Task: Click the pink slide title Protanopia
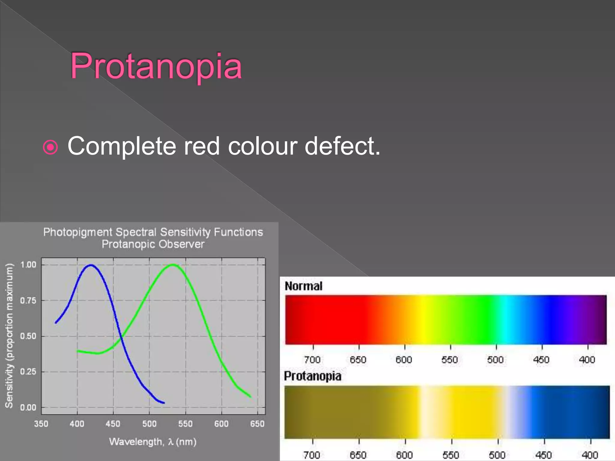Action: coord(156,66)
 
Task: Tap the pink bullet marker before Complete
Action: coord(50,147)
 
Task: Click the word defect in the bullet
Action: coord(342,146)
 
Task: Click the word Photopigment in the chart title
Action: coord(77,232)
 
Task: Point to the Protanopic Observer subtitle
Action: coord(153,244)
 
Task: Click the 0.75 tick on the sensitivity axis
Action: coord(28,300)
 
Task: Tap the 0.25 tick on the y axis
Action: coord(28,372)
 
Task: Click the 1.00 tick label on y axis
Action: coord(28,265)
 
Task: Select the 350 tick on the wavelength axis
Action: coord(41,424)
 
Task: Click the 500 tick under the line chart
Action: coord(149,424)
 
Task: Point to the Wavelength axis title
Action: coord(153,442)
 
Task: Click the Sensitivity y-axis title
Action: coord(9,335)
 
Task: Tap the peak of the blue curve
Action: coord(91,265)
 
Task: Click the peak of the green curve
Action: coord(173,265)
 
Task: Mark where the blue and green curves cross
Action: coord(121,338)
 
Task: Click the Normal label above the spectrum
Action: coord(303,286)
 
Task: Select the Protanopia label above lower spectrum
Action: coord(313,376)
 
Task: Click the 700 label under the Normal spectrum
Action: coord(312,360)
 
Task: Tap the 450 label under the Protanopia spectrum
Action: coord(544,455)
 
